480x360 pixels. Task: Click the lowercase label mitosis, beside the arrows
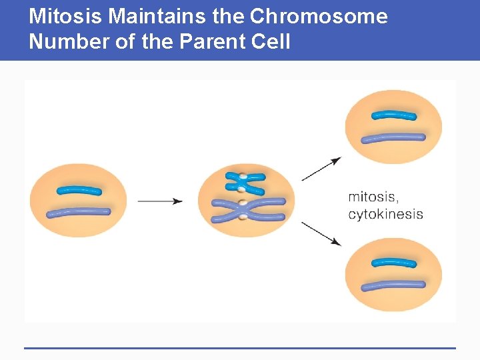(373, 197)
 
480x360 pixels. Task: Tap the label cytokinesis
(385, 214)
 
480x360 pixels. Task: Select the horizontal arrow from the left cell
(160, 200)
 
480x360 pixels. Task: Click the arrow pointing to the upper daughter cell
(321, 169)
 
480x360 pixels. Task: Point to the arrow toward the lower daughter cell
(321, 233)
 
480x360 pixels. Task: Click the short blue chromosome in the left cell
(79, 191)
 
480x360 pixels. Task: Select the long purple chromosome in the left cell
(78, 213)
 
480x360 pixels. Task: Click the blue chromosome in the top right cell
(393, 115)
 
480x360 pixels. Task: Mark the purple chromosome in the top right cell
(393, 138)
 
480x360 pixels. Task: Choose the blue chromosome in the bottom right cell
(393, 262)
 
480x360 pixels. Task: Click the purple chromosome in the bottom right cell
(393, 285)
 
